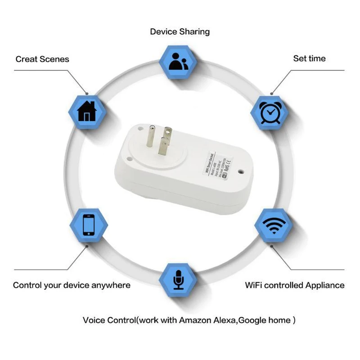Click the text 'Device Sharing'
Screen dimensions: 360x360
(x=180, y=31)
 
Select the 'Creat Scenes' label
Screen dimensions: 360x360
(x=42, y=59)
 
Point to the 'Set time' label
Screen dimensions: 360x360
(x=309, y=58)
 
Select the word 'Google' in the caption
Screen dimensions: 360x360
(x=252, y=320)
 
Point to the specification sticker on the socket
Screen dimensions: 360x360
(x=218, y=163)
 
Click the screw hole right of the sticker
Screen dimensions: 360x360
(x=242, y=173)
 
